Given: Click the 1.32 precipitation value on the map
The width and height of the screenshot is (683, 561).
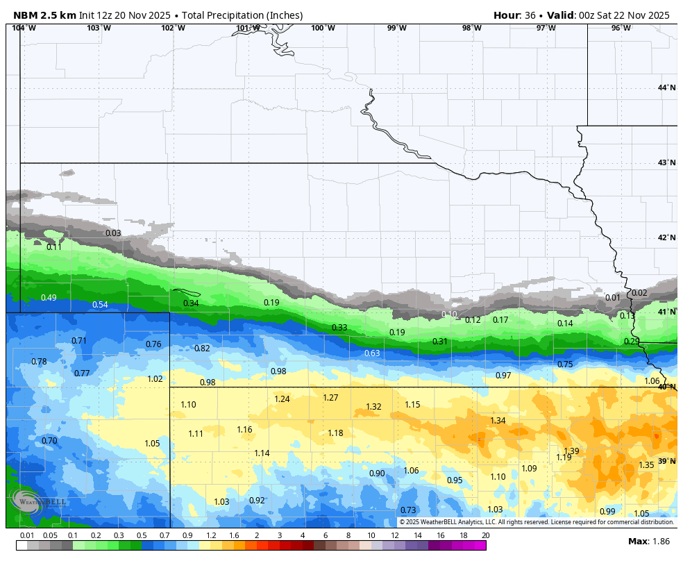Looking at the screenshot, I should (373, 407).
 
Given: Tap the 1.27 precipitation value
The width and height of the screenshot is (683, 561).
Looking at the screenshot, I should (330, 398).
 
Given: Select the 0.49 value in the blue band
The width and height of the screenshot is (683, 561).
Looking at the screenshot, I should (49, 298).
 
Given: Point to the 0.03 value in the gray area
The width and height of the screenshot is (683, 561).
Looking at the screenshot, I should (113, 233).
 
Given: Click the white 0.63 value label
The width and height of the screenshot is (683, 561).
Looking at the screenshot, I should (372, 353).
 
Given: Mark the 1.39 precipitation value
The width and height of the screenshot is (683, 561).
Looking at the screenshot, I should (571, 451).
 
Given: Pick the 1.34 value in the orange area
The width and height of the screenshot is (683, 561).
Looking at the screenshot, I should (498, 421).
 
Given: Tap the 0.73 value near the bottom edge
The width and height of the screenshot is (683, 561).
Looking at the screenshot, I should (408, 510).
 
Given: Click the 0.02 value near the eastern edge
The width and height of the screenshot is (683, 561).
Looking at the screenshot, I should (639, 293).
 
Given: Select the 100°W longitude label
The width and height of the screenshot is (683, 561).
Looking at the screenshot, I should (323, 28).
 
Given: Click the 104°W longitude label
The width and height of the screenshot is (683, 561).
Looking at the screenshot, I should (24, 28).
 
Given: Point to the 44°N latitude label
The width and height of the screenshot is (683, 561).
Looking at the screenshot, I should (666, 87).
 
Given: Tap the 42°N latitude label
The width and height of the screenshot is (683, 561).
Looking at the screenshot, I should (666, 238).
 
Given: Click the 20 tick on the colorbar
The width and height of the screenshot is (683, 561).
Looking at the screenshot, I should (485, 535).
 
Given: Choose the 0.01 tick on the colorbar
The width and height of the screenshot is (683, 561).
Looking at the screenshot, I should (27, 535).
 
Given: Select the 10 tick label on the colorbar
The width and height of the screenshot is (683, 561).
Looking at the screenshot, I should (371, 535).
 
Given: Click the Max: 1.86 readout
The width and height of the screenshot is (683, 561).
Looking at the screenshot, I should (648, 541).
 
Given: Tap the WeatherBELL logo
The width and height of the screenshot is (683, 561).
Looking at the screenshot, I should (38, 502).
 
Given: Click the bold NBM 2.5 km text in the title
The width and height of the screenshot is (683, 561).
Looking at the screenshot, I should (44, 15).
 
